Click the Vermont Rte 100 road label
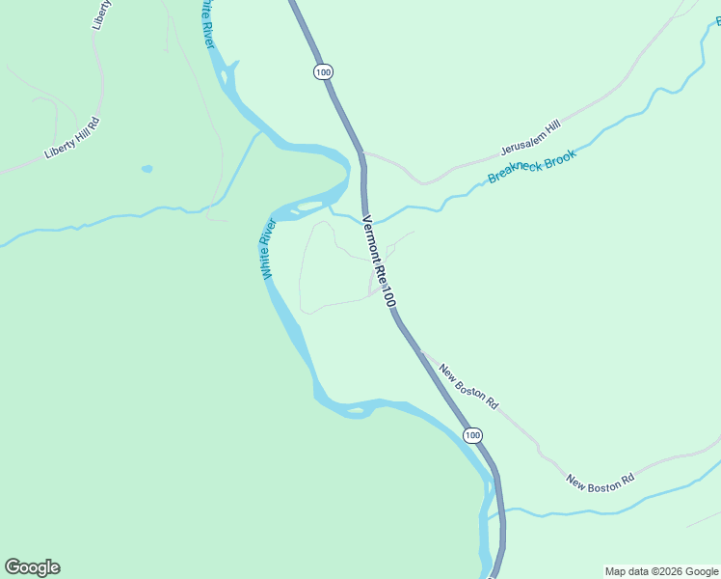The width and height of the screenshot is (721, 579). pyautogui.click(x=378, y=261)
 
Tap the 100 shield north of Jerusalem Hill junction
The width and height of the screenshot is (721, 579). pyautogui.click(x=322, y=71)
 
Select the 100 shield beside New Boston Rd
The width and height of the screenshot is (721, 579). pyautogui.click(x=471, y=436)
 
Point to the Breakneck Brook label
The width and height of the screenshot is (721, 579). pyautogui.click(x=531, y=166)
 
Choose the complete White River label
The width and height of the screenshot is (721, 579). pyautogui.click(x=269, y=249)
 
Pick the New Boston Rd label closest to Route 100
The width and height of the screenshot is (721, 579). pyautogui.click(x=468, y=385)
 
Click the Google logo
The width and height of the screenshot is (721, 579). pyautogui.click(x=32, y=567)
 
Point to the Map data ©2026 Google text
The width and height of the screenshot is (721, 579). pyautogui.click(x=661, y=571)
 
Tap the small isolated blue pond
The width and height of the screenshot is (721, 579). pyautogui.click(x=147, y=169)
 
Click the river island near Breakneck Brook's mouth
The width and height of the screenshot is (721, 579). pyautogui.click(x=309, y=205)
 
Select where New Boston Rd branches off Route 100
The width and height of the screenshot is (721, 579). pyautogui.click(x=418, y=350)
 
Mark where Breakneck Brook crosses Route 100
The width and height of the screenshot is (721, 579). pyautogui.click(x=366, y=218)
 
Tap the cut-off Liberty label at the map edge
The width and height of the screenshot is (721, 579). pyautogui.click(x=96, y=15)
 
